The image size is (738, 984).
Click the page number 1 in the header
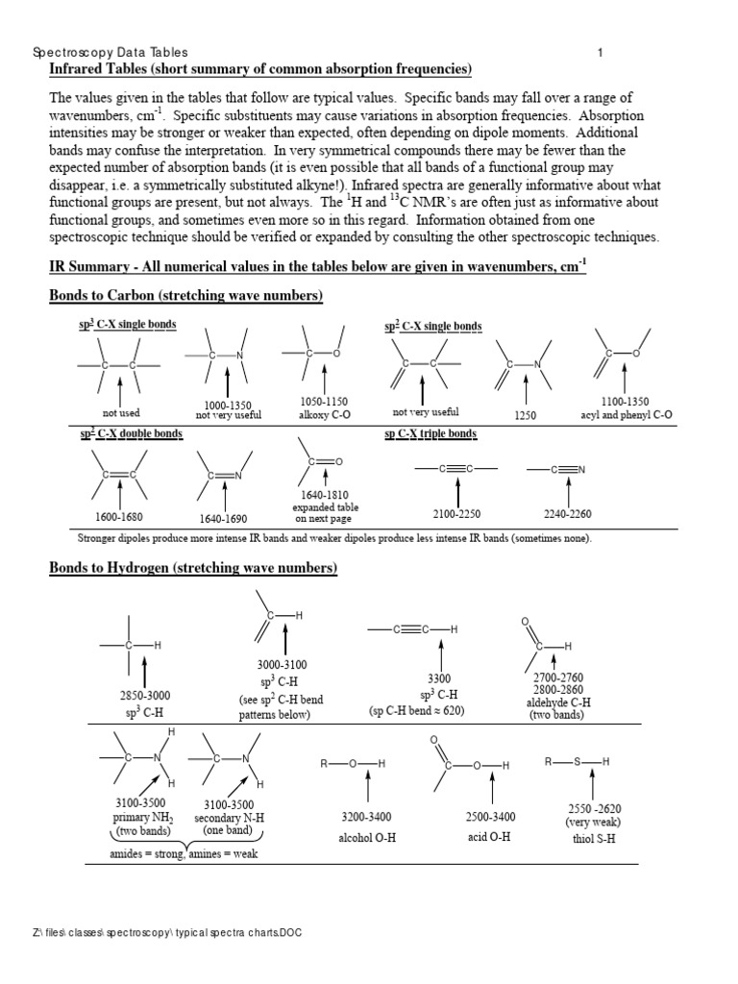pyautogui.click(x=600, y=53)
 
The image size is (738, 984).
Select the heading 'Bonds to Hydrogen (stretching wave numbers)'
pyautogui.click(x=193, y=569)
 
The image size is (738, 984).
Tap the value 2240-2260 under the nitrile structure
pyautogui.click(x=568, y=514)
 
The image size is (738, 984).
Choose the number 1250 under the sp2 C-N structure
pyautogui.click(x=526, y=415)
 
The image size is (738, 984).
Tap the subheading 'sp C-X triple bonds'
pyautogui.click(x=430, y=434)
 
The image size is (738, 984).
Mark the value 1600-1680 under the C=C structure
pyautogui.click(x=119, y=517)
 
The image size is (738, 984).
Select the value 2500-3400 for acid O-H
pyautogui.click(x=490, y=817)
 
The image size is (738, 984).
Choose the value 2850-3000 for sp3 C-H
pyautogui.click(x=144, y=696)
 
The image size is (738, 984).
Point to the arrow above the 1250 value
pyautogui.click(x=526, y=389)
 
